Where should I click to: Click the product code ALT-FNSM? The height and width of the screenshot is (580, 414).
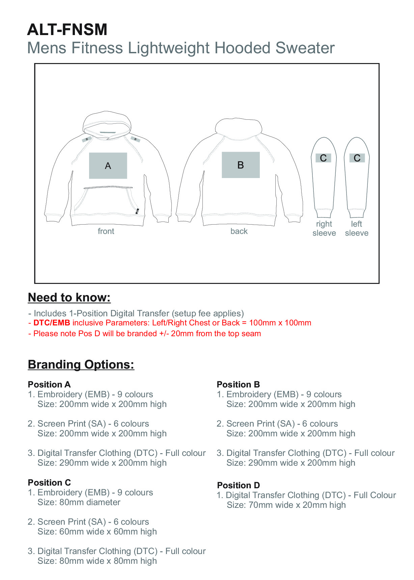click(67, 30)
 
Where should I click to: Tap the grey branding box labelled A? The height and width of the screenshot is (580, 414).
click(108, 166)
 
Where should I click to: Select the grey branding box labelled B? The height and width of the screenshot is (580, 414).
click(241, 165)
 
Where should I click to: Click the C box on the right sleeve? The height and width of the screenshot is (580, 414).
click(323, 158)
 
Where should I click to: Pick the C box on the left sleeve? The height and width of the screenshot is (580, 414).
click(357, 158)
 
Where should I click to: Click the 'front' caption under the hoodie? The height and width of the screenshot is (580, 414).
click(106, 231)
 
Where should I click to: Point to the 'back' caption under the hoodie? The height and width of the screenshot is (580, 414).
click(239, 231)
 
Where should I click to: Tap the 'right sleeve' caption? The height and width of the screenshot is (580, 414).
click(324, 229)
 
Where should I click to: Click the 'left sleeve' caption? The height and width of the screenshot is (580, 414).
click(357, 229)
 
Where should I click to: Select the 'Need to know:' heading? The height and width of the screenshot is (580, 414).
click(69, 297)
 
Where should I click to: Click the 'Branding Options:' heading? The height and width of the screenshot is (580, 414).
click(81, 365)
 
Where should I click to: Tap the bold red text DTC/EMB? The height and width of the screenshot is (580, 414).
click(52, 323)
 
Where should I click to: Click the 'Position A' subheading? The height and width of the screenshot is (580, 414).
click(49, 384)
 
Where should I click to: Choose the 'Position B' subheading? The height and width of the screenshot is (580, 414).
click(238, 384)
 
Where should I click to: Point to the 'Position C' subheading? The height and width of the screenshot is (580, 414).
click(49, 483)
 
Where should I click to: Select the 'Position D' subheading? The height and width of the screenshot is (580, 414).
click(239, 485)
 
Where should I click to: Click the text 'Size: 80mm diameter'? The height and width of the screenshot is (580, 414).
click(79, 502)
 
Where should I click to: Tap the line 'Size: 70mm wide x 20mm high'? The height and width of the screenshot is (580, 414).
click(286, 505)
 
